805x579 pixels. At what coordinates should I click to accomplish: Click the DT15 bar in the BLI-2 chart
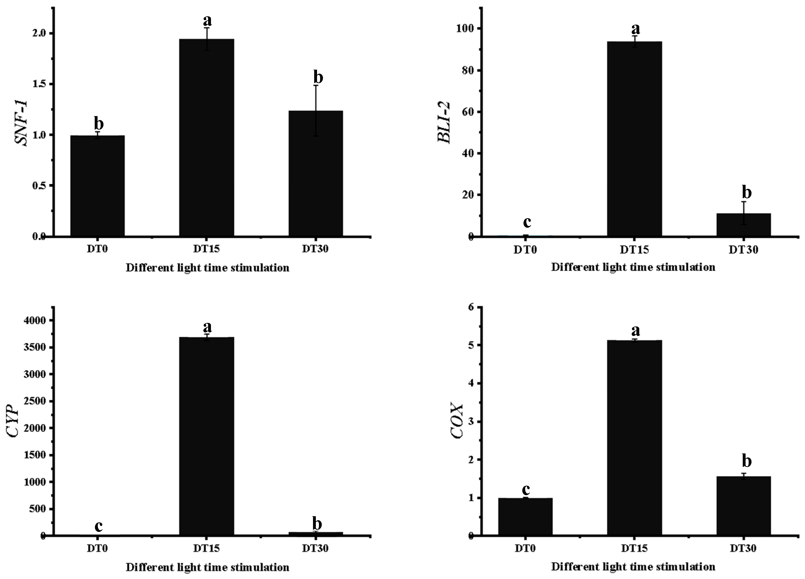[x=634, y=139]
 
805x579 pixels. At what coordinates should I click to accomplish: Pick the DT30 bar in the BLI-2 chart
[x=744, y=225]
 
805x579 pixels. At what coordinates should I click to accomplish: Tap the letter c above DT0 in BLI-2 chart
[x=527, y=222]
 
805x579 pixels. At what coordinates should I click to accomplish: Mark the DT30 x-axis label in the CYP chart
[x=315, y=548]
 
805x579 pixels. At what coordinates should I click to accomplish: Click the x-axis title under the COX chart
[x=633, y=567]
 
